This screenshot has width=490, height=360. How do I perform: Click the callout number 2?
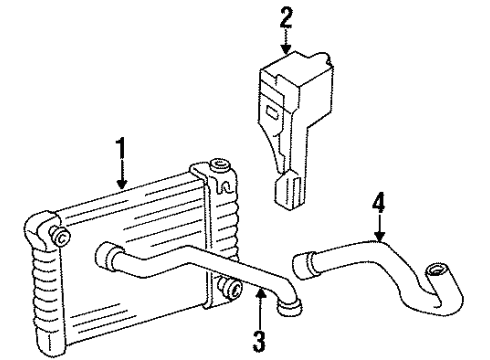tap(286, 16)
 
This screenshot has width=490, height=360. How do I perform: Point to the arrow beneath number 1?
tap(121, 178)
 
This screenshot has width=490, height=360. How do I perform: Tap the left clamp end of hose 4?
tap(300, 265)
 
